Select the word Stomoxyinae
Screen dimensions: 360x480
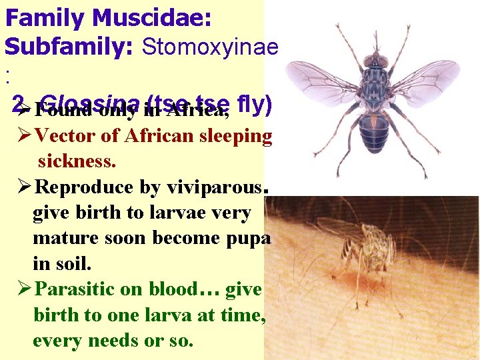pos(210,47)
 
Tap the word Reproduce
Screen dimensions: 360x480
pos(87,187)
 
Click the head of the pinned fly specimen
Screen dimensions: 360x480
pos(376,61)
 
